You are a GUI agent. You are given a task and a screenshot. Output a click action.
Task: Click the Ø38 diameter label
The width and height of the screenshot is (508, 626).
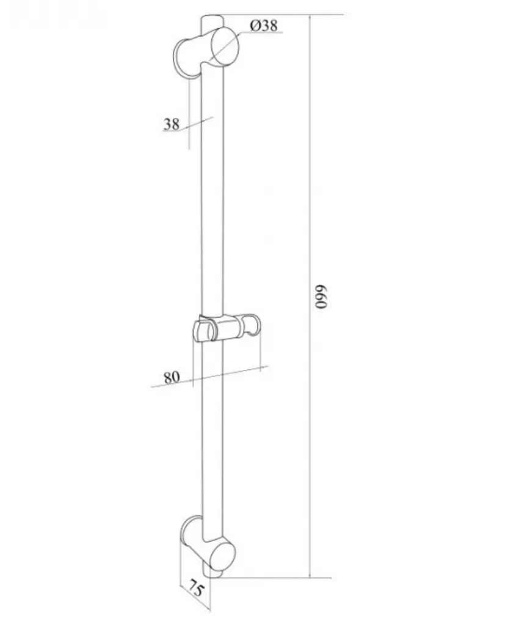tap(264, 26)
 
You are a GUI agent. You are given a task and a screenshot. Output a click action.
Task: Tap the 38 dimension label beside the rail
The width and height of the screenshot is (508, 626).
tap(172, 124)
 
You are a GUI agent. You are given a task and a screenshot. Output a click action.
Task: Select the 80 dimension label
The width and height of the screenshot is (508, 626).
tap(172, 377)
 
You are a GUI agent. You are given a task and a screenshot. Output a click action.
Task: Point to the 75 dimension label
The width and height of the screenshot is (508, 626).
tap(196, 589)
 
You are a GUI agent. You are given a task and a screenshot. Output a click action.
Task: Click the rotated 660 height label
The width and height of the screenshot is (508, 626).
tap(321, 296)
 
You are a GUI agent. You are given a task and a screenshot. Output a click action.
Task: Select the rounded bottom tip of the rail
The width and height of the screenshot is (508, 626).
tap(212, 573)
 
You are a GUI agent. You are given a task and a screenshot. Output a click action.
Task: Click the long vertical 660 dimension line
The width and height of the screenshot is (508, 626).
tap(310, 296)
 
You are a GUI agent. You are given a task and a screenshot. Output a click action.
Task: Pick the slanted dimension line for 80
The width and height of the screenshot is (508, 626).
tap(210, 377)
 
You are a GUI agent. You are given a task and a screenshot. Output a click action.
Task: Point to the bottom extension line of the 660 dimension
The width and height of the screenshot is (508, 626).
tap(275, 577)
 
